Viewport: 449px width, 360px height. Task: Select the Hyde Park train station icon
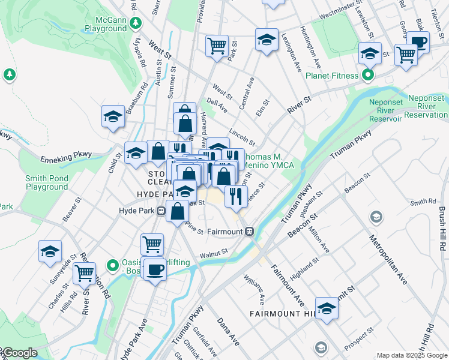161,211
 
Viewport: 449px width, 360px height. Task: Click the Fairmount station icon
249,231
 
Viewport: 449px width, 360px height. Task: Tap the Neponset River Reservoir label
385,110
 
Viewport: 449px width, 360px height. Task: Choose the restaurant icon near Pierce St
236,195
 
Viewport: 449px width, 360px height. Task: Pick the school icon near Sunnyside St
50,251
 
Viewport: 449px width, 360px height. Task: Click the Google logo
19,353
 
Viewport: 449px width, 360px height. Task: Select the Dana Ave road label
228,332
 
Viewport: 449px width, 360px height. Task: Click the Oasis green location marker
112,265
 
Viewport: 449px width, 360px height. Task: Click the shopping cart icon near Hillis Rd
84,273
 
